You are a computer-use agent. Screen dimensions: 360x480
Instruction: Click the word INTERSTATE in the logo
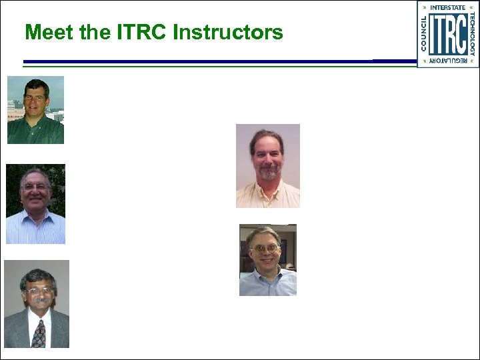447,7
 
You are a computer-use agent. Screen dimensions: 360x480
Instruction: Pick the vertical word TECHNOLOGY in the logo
472,34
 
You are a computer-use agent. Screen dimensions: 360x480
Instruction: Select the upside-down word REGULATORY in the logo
447,61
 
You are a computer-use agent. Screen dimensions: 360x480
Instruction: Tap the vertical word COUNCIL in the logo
423,34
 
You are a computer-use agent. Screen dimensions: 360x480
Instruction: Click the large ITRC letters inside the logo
447,34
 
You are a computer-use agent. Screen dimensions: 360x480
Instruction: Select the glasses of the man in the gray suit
39,291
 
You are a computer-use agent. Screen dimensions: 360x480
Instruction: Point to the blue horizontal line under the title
200,62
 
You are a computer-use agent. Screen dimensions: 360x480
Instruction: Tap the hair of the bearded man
267,137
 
